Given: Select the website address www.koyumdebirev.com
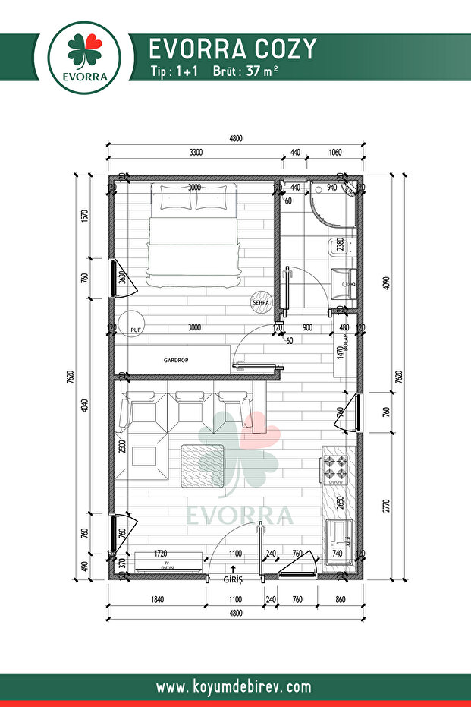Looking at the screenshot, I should click(234, 687).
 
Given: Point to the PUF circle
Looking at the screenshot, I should click(133, 323).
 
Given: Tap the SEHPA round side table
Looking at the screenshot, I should click(261, 301).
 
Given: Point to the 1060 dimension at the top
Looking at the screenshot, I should click(334, 153).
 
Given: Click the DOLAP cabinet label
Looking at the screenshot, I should click(344, 338).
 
